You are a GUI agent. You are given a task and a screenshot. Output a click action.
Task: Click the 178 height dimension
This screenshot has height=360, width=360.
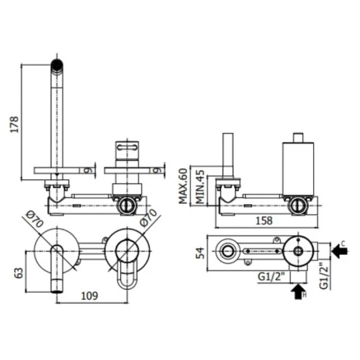[14, 124]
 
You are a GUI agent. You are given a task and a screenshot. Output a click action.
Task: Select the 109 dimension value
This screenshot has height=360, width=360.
[89, 296]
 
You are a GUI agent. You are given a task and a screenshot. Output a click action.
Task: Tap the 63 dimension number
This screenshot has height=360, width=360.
[20, 273]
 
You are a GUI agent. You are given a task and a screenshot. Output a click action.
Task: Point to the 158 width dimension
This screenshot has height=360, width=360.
[264, 221]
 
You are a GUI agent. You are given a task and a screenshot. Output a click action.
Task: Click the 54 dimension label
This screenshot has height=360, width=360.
[200, 253]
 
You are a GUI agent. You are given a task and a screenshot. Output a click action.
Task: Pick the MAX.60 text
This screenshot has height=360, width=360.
[183, 186]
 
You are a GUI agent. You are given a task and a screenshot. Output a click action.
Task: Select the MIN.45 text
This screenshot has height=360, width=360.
[200, 187]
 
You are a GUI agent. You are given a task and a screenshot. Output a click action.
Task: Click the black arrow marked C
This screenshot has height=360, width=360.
[340, 251]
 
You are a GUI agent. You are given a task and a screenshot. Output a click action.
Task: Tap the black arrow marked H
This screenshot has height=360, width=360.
[298, 292]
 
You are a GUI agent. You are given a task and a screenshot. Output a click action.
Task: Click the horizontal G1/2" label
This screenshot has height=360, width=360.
[271, 277]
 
